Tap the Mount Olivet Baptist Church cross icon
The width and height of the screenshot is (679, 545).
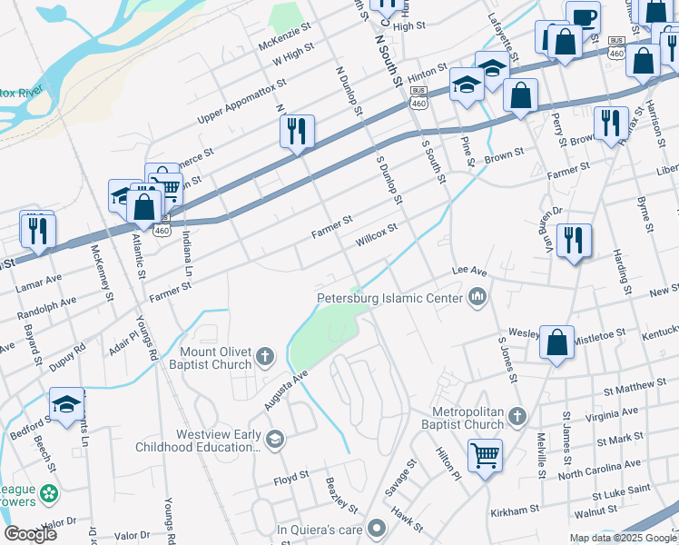coord(265,355)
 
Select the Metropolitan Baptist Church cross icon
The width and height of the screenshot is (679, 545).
coord(517,415)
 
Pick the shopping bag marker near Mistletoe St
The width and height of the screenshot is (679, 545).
coord(558,342)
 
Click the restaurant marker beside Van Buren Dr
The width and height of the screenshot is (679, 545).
coord(574,240)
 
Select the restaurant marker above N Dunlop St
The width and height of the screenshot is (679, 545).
coord(297,131)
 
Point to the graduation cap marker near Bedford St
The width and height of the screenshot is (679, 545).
coord(66,404)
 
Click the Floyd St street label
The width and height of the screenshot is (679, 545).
coord(291,475)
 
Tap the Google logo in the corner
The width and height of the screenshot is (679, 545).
coord(30,534)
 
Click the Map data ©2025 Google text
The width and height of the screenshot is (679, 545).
coord(622,538)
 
